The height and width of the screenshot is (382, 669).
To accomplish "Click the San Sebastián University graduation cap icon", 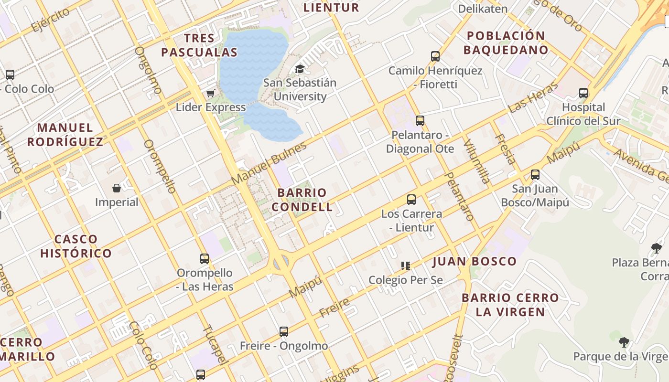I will pos(300,69).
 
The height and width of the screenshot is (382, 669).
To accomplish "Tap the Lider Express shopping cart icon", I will pos(210,93).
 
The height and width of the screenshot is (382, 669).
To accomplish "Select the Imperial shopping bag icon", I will pos(116,188).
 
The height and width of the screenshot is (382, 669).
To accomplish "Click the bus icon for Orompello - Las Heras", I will pos(205,259).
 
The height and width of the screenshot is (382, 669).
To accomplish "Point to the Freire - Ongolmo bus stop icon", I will pos(284,331).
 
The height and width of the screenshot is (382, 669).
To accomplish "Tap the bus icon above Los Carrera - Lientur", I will pos(411,200).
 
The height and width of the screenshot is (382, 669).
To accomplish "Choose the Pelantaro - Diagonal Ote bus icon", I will pos(420,121).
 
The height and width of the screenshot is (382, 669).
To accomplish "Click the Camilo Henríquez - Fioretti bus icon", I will pos(435,56).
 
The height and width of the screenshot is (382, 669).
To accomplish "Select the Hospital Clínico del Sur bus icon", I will pos(583,93).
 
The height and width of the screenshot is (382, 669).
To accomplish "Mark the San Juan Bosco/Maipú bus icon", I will pos(535,175).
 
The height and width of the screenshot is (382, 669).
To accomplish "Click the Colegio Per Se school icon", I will pos(406,265).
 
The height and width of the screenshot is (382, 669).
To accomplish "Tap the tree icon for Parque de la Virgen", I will pos(624,342).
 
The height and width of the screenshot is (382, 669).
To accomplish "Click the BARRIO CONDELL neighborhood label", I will pos(305,200).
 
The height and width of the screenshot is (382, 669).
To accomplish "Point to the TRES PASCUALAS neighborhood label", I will pos(199,45).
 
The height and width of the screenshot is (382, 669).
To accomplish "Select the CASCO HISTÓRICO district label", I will pos(76,246).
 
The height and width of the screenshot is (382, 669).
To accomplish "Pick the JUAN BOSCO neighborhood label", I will pos(475,261).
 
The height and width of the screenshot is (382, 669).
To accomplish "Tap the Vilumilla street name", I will pos(477,161).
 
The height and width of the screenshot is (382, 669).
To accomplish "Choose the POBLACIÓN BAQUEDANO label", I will pos(506,43).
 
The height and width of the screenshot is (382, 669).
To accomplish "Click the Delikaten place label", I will pos(483,9).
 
